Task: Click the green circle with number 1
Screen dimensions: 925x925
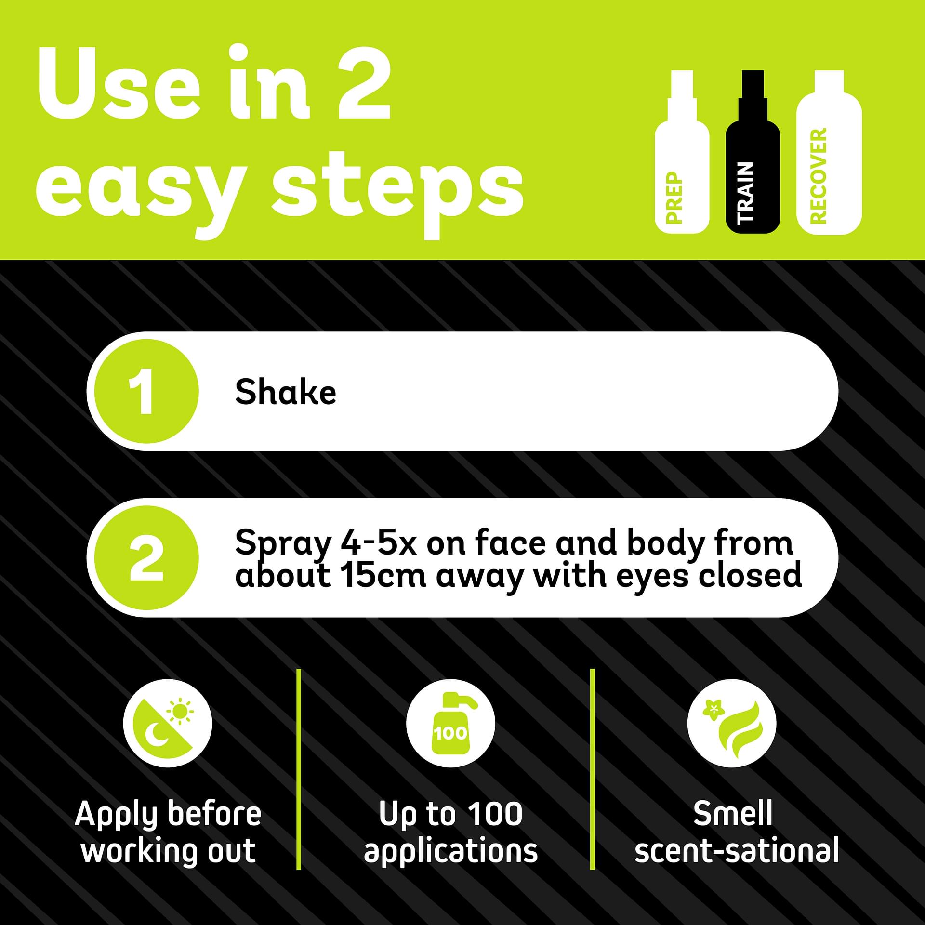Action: click(145, 391)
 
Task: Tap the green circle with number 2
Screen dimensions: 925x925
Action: click(145, 558)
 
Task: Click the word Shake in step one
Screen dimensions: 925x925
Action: click(285, 392)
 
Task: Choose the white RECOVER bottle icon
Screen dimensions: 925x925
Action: click(829, 152)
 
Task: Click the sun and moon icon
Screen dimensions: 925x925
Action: click(167, 723)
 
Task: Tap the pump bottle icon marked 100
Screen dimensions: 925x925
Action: click(450, 723)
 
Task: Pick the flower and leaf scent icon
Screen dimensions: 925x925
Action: click(732, 723)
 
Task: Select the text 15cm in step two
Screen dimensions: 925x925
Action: click(383, 575)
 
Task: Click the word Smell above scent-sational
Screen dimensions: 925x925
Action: click(733, 813)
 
